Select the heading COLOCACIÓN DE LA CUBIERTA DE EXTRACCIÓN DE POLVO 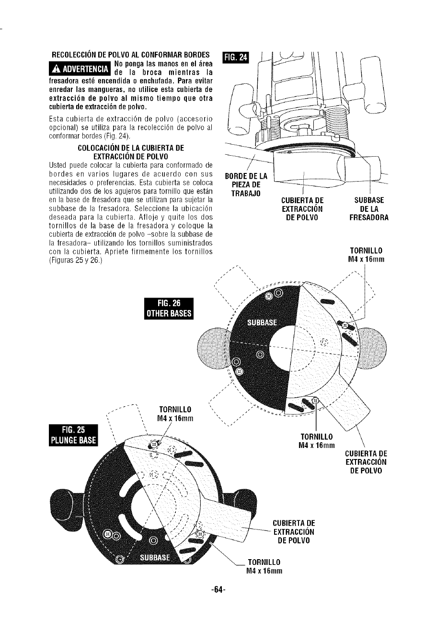[131, 151]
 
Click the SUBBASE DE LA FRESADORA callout [369, 209]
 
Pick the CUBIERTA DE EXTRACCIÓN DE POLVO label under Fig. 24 [303, 209]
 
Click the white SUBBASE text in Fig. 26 [262, 322]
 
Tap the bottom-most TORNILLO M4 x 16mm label [263, 566]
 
